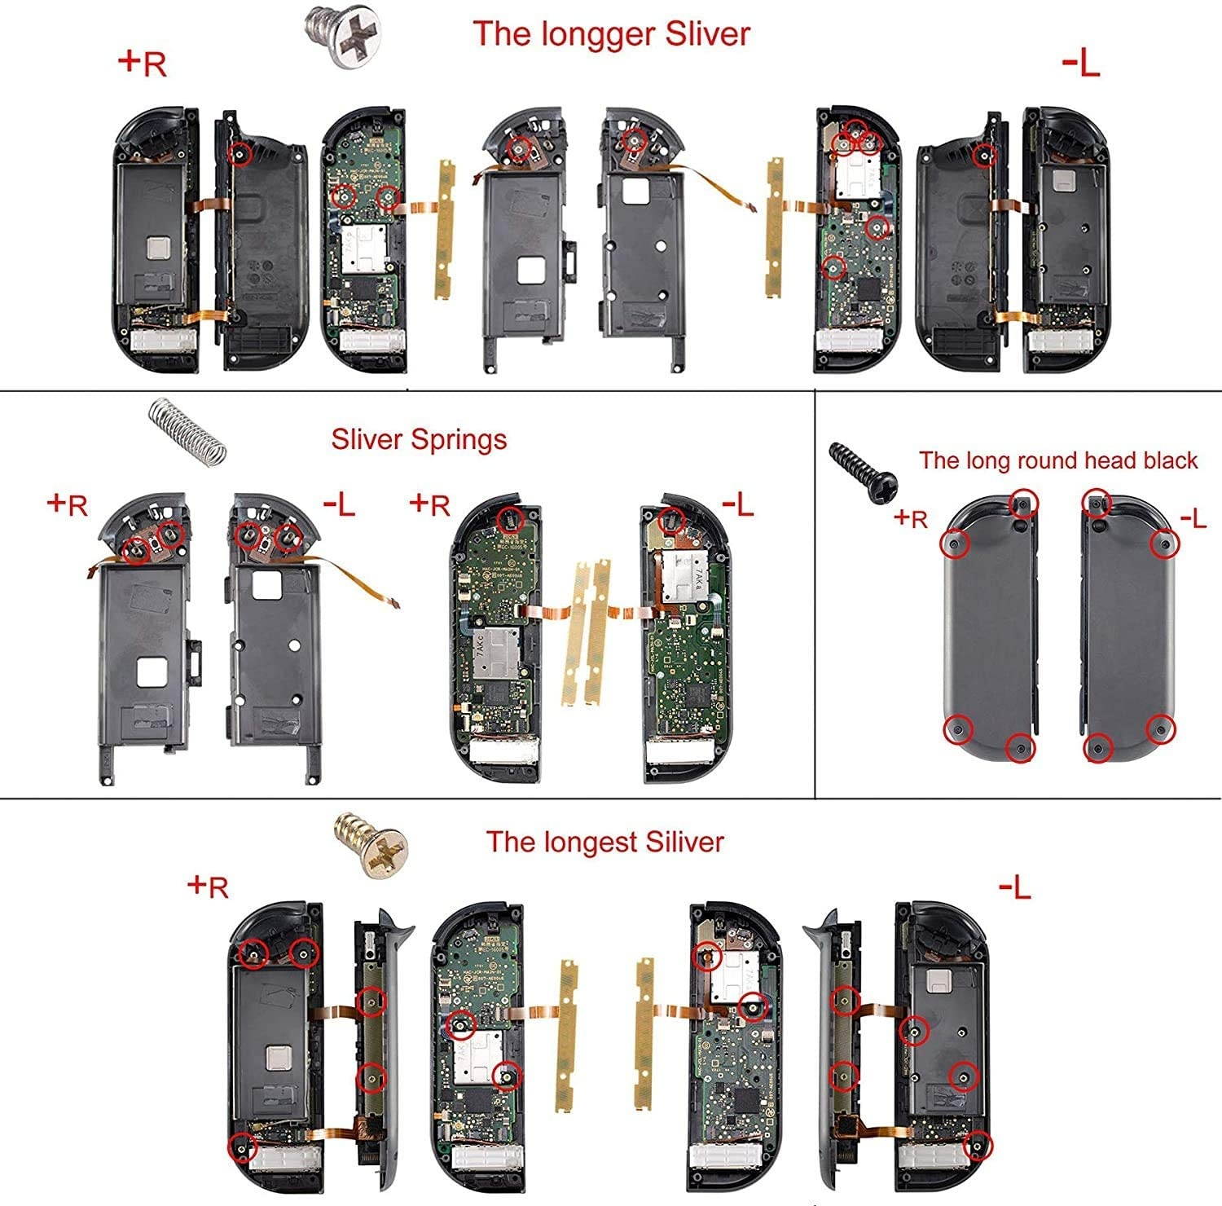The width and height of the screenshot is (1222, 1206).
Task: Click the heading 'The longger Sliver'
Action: pos(611,34)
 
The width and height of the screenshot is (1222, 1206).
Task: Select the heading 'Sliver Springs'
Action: pos(419,439)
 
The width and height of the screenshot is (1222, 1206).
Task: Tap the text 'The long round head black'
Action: pos(1058,460)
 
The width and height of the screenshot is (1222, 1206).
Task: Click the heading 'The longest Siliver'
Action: pos(604,842)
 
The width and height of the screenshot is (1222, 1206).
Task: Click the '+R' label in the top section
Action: pos(143,62)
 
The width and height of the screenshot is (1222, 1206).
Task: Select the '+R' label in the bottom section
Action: pos(208,886)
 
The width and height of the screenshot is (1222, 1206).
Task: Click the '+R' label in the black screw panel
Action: pos(910,517)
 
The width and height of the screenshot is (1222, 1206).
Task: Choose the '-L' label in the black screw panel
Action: pos(1193,517)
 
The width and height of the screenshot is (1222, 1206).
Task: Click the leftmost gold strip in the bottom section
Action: pos(566,1035)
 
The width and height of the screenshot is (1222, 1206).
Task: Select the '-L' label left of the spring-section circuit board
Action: pos(339,505)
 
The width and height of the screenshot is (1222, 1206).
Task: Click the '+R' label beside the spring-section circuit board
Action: pos(430,504)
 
